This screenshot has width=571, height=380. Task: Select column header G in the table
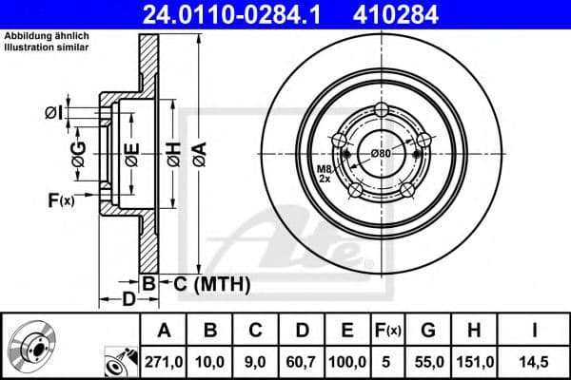pos(428,330)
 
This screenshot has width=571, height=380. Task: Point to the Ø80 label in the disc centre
pos(382,153)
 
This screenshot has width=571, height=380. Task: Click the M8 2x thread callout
pos(324,173)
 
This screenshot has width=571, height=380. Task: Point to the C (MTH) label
pos(211,282)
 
